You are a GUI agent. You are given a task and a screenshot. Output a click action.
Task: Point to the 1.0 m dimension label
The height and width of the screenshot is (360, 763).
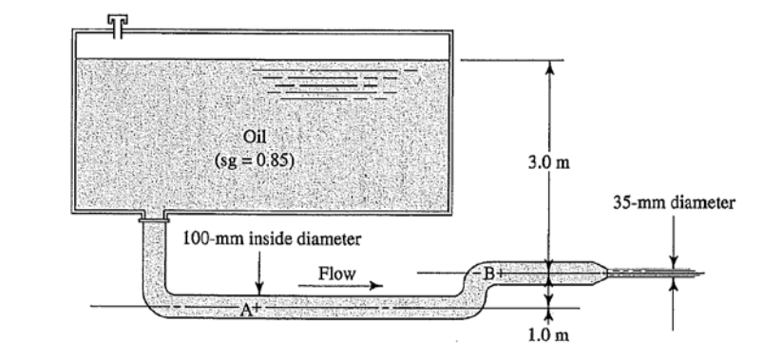549,333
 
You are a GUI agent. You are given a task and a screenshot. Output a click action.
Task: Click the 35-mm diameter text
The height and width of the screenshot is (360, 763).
673,202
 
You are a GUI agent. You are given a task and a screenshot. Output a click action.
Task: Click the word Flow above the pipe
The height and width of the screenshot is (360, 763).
337,274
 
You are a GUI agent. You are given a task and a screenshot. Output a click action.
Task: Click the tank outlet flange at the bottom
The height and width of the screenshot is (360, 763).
152,218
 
